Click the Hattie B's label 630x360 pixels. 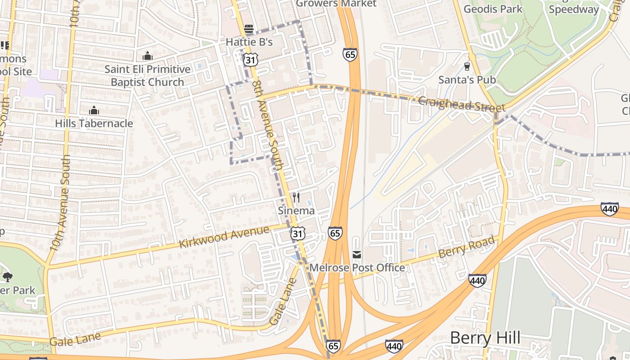pyautogui.click(x=249, y=42)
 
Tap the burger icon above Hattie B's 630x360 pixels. pyautogui.click(x=249, y=30)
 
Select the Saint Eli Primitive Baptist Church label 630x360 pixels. pyautogui.click(x=148, y=76)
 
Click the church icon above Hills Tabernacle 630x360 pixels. pyautogui.click(x=94, y=110)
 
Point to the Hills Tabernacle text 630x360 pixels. pyautogui.click(x=94, y=123)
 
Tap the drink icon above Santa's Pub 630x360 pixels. pyautogui.click(x=467, y=67)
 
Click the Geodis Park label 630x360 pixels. pyautogui.click(x=493, y=9)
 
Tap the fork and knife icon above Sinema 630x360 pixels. pyautogui.click(x=296, y=198)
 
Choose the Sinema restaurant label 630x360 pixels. pyautogui.click(x=296, y=210)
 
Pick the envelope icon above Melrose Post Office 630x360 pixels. pyautogui.click(x=357, y=255)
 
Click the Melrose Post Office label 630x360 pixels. pyautogui.click(x=357, y=268)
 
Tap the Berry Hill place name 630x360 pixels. pyautogui.click(x=485, y=337)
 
